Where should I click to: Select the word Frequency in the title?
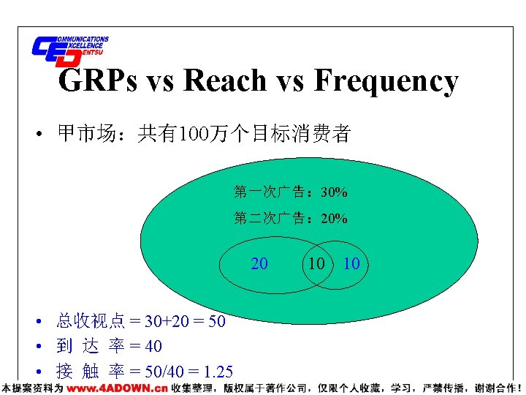coord(386,81)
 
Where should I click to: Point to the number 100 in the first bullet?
coord(194,134)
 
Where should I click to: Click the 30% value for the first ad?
coord(334,193)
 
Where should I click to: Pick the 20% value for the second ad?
coord(334,219)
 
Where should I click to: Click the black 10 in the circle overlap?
coord(316,263)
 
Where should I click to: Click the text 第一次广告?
coord(270,193)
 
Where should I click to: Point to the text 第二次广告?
coord(270,219)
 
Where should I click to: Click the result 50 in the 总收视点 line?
coord(216,322)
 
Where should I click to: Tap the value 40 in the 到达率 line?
coord(153,346)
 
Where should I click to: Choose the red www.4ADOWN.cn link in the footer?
coord(117,388)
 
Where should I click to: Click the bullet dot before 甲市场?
coord(34,135)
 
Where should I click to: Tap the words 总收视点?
coord(91,322)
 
